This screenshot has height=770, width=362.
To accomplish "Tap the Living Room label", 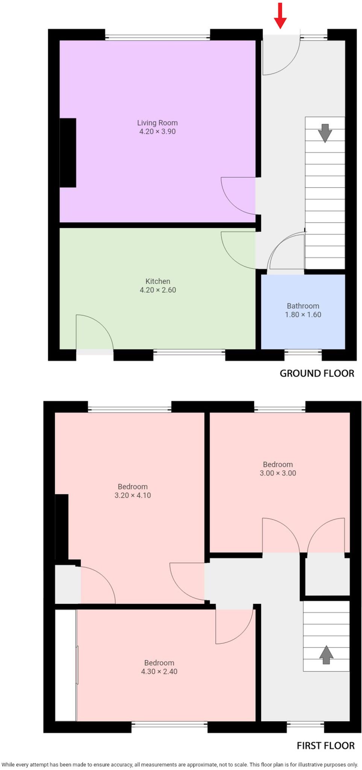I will point(157,123).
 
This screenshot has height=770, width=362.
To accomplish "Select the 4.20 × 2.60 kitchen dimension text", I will point(158,290).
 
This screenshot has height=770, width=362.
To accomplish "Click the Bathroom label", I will point(303,306).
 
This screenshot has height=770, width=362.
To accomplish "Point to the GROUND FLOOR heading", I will point(317,373).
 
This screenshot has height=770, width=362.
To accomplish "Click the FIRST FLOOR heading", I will point(326,746).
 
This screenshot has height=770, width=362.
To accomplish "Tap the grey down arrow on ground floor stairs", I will point(325,133).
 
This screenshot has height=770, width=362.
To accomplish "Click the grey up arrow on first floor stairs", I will point(326,655).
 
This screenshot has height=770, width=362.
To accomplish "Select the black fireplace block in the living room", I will point(68,153).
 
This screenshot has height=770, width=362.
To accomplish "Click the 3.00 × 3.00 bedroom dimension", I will point(278,473).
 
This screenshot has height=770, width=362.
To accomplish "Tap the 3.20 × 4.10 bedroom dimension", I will point(133,495).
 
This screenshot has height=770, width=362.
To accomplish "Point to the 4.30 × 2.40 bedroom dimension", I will point(159,671).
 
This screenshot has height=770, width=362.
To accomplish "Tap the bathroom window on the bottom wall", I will point(303,352).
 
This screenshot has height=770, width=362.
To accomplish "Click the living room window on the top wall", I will point(157,37).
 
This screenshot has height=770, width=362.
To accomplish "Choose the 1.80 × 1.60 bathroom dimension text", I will point(303,315).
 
